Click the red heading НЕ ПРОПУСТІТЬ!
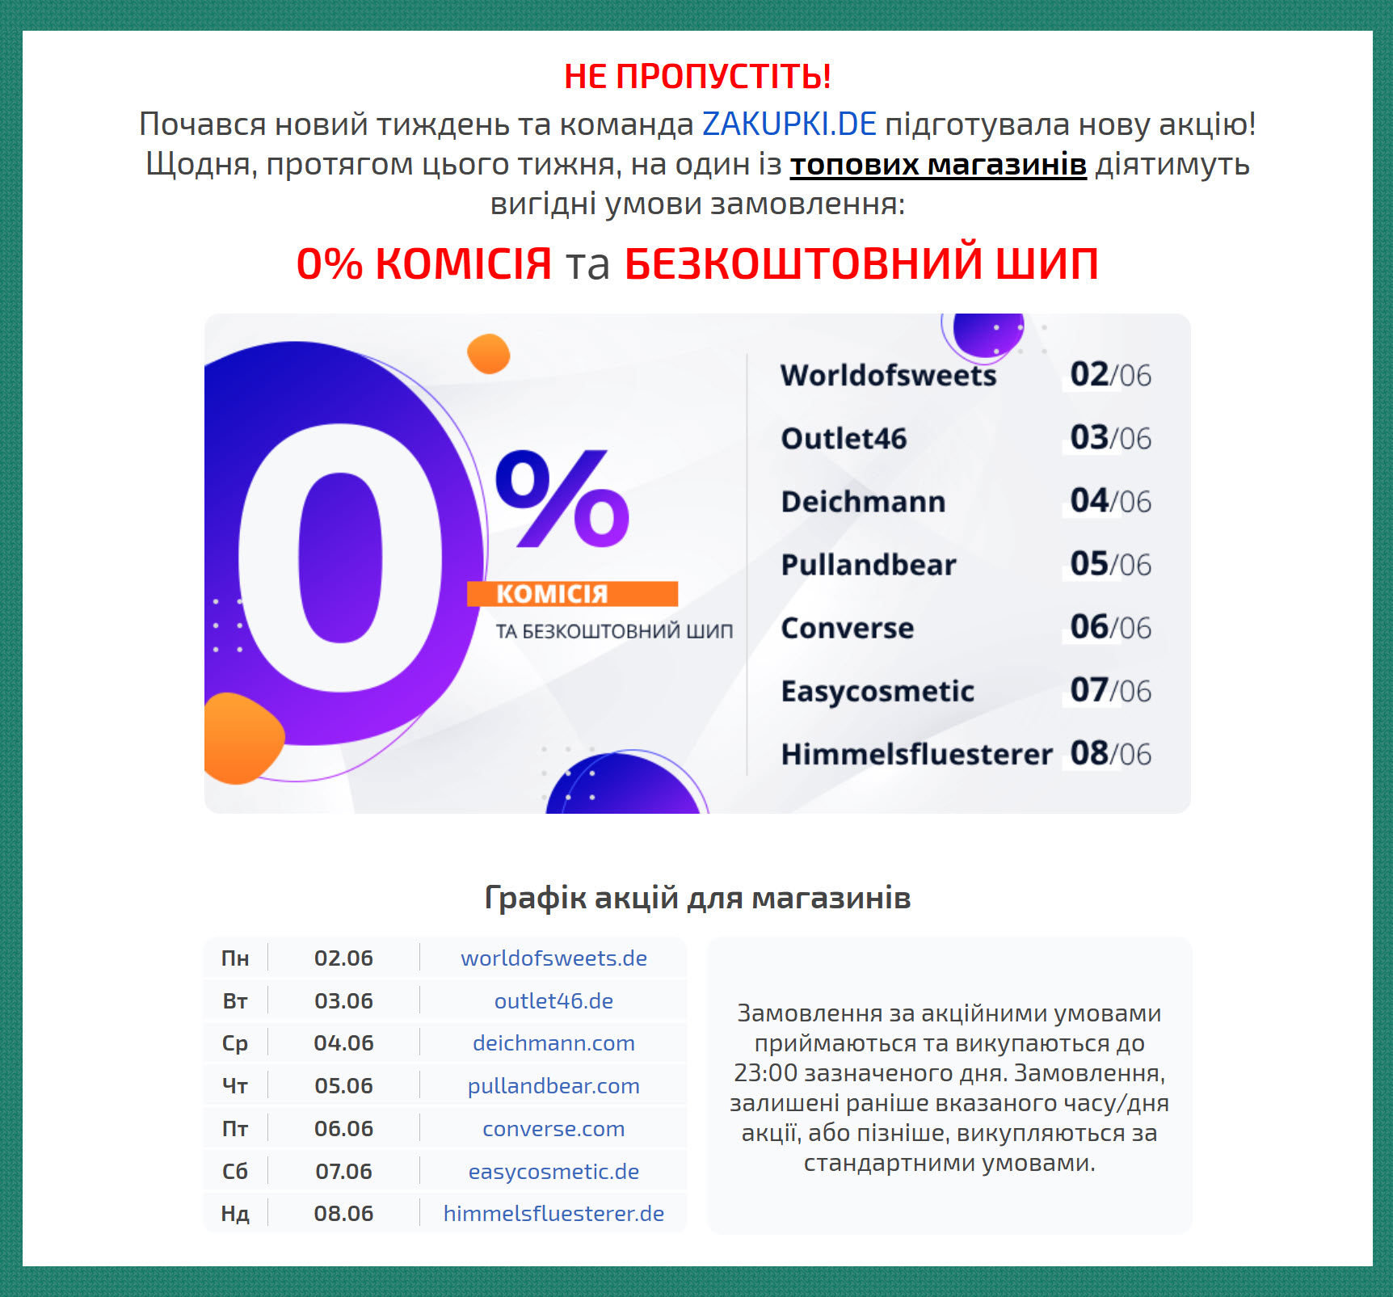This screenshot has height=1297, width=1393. coord(697,77)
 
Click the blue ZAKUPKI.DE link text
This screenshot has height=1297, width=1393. coord(789,124)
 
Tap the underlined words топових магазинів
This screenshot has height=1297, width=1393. coord(938,164)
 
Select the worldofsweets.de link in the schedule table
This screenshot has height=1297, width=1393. coord(553,958)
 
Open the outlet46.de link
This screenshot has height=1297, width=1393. coord(553,1001)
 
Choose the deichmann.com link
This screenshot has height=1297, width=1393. coord(553,1043)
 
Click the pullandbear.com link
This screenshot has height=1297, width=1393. coord(553,1086)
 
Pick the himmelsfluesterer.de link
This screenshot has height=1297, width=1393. coord(553,1214)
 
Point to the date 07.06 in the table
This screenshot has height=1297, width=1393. coord(343,1172)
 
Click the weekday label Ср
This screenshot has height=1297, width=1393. coord(235,1044)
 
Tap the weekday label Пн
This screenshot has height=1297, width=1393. coord(235,958)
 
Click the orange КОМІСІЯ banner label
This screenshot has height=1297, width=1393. coord(572,594)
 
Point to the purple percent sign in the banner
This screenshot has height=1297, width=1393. coord(562,498)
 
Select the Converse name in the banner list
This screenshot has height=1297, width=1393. coord(848,628)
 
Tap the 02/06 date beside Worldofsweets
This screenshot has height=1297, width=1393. coord(1110,375)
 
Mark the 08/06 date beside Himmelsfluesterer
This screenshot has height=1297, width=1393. coord(1110,754)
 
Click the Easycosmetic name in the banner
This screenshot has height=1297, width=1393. coord(877,692)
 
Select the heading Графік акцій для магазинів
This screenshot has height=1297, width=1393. coord(697,898)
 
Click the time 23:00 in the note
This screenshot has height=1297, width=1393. coord(764,1073)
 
